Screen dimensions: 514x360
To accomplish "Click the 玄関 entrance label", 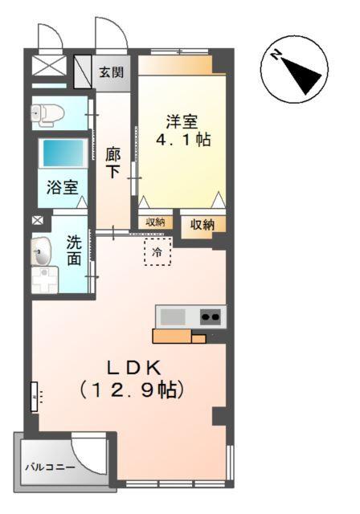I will (112, 72).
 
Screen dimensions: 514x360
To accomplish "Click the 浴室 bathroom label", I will (62, 189).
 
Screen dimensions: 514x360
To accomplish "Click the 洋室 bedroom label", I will (182, 121).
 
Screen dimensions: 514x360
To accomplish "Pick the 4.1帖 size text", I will (182, 141).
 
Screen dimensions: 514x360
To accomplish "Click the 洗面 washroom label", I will (74, 249).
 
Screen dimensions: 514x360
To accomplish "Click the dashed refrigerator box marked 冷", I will (158, 251).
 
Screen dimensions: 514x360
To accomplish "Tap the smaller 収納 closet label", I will (156, 222).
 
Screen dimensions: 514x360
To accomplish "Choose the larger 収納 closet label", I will (202, 225).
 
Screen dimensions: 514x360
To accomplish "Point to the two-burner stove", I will (211, 316).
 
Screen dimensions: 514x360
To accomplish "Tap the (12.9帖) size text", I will (134, 392).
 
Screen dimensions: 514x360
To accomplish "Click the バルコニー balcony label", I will (50, 467).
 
